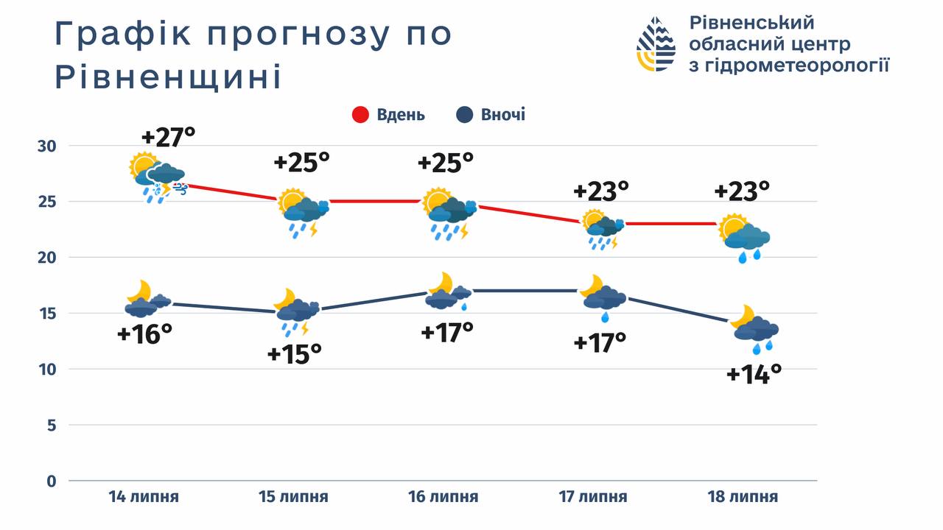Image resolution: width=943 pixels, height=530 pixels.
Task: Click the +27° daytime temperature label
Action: click(x=169, y=138)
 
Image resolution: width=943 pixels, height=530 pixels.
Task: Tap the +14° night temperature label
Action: click(x=754, y=375)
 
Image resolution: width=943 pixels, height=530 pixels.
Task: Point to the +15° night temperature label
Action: click(x=295, y=355)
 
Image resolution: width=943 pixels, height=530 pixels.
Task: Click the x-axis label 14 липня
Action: click(x=144, y=497)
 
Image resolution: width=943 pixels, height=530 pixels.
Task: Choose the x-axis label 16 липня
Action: click(x=444, y=497)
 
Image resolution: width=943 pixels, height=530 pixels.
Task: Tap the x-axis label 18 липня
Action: click(x=743, y=497)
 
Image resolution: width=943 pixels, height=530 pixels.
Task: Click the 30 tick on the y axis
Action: click(x=46, y=146)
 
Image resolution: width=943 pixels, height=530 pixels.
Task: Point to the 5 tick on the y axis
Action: click(x=51, y=425)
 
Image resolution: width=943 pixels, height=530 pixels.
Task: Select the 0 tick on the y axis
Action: click(x=51, y=481)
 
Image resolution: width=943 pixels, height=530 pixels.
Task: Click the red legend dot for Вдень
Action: click(x=360, y=115)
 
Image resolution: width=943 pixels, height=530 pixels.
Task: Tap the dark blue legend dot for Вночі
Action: click(x=464, y=115)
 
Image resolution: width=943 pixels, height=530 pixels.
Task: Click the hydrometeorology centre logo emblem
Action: click(x=656, y=44)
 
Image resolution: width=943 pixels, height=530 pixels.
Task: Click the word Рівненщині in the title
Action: click(x=169, y=77)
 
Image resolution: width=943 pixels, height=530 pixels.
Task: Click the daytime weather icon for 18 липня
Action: click(x=744, y=238)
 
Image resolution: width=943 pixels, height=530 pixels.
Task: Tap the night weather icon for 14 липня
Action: click(x=148, y=298)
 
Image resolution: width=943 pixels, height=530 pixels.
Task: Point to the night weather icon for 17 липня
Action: click(x=602, y=297)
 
